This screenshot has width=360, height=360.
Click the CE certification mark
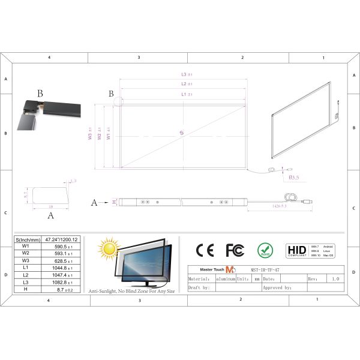[x=205, y=250]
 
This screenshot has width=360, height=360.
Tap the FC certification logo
[x=235, y=250]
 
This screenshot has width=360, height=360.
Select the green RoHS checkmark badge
[x=265, y=250]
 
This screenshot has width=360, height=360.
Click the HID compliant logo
[x=296, y=250]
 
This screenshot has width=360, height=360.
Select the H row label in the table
[x=25, y=289]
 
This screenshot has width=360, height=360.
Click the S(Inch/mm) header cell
[x=26, y=239]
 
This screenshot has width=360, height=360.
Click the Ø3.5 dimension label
[x=294, y=178]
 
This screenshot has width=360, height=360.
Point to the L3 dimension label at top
[x=186, y=74]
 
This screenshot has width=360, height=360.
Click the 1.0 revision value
[x=334, y=279]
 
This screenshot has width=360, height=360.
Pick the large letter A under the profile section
[x=50, y=214]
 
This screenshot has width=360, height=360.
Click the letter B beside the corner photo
[x=40, y=94]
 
